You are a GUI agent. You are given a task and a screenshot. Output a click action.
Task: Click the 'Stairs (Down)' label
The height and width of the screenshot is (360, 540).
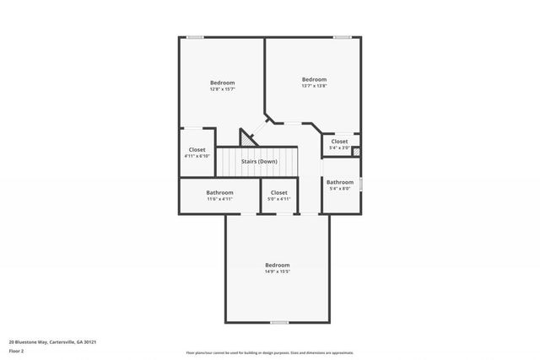click(x=259, y=161)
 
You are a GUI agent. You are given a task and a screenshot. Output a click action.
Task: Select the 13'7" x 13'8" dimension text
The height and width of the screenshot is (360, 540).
click(x=314, y=86)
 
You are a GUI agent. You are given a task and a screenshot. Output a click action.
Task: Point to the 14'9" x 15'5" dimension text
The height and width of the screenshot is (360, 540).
click(x=277, y=271)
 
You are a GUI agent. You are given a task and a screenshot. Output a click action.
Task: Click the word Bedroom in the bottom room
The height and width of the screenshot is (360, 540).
click(x=277, y=265)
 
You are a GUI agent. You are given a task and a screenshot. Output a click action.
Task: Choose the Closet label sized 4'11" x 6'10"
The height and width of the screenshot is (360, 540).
click(x=197, y=149)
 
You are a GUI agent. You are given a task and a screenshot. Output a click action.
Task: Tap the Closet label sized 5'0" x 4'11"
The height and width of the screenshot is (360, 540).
click(x=278, y=192)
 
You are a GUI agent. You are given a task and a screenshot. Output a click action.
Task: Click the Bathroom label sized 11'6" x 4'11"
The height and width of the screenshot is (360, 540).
click(x=219, y=192)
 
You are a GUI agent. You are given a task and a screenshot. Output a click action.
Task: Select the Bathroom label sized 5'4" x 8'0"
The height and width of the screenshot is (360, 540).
click(x=340, y=182)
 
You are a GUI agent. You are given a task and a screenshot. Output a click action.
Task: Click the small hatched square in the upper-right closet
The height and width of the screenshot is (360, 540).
click(x=356, y=152)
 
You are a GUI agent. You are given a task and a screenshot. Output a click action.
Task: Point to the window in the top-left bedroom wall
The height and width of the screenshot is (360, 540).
click(x=195, y=36)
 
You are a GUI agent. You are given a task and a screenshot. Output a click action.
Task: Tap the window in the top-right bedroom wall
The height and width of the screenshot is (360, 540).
click(x=342, y=36)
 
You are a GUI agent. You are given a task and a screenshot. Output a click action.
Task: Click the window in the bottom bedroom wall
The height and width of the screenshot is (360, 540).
click(x=279, y=323)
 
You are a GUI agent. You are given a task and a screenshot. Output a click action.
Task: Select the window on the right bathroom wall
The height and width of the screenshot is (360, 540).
click(x=361, y=183)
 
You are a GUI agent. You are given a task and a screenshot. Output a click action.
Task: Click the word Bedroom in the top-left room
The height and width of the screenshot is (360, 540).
click(x=223, y=82)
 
